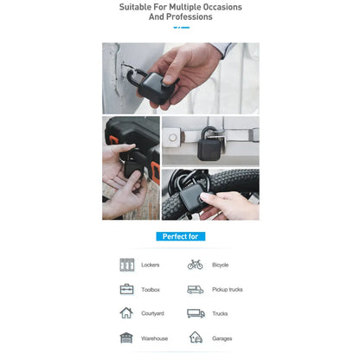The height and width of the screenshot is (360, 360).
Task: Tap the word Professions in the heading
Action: point(192,16)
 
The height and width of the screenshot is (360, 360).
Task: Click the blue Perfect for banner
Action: point(181,236)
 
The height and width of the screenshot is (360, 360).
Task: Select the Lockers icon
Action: point(127,265)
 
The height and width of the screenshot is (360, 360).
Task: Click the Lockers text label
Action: point(151,265)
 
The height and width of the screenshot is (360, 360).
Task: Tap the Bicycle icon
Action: point(196,265)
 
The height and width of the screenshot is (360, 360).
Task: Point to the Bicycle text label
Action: point(221,265)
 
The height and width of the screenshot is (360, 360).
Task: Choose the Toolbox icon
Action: point(127,289)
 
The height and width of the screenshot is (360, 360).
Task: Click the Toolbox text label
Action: point(151,290)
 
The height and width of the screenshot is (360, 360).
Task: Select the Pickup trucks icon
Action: point(196,289)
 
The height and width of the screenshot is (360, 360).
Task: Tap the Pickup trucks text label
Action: point(227,290)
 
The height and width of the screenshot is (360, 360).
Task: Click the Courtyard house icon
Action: point(127,313)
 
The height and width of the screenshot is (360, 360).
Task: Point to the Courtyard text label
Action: point(153,314)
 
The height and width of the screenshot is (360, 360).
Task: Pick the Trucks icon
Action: point(196,313)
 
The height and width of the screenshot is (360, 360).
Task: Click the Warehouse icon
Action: point(127,337)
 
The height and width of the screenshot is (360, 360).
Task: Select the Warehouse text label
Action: point(155,338)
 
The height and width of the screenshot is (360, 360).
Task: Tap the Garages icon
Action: point(196,337)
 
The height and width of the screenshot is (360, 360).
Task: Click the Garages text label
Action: point(222,338)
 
